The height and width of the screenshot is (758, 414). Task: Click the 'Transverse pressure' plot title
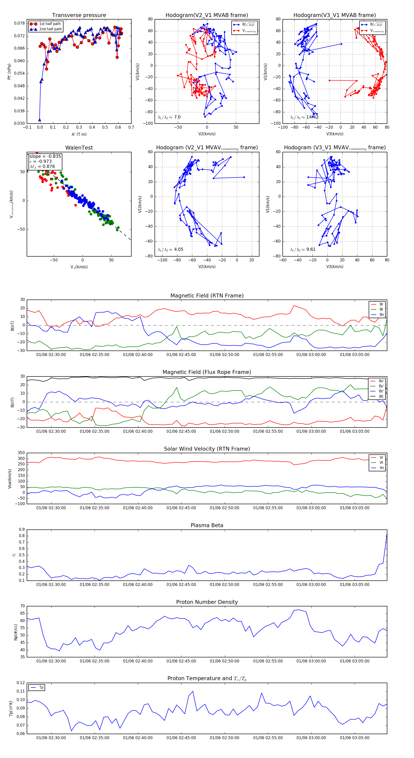coord(79,15)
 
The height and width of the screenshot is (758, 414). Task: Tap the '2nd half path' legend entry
coord(50,29)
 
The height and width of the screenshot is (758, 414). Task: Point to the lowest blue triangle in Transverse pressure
coord(40,120)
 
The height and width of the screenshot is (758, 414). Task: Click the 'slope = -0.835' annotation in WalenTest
coord(45,156)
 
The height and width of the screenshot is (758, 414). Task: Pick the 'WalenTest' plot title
coord(79,148)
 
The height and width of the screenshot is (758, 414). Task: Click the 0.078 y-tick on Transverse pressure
coord(20,23)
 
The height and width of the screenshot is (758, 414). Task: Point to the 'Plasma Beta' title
coord(207,525)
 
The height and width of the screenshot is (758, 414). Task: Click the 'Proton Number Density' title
coord(207,602)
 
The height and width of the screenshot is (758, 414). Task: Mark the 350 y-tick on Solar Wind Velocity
coord(21,453)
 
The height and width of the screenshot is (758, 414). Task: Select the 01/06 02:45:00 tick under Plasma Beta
coord(181,584)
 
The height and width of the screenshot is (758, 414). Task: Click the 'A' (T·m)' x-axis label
coord(79,134)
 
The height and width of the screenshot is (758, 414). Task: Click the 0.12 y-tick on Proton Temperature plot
coord(21,683)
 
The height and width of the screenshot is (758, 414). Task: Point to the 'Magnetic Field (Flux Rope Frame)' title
coord(207,372)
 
